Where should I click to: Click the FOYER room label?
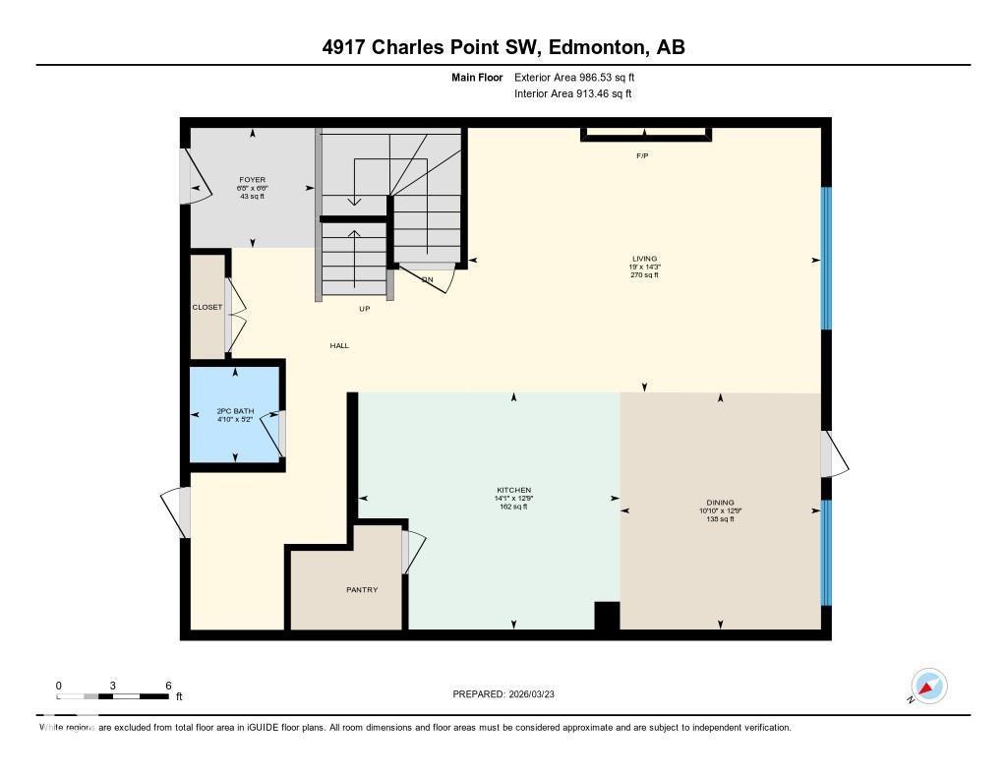[x=253, y=180]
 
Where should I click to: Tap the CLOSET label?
[x=207, y=307]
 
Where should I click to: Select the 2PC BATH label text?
[x=235, y=411]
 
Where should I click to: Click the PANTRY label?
[x=362, y=589]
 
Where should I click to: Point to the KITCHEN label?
[x=513, y=490]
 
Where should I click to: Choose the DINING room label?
[x=720, y=503]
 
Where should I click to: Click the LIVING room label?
[x=644, y=259]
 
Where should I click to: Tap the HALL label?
[x=339, y=345]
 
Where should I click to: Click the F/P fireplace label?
[x=643, y=155]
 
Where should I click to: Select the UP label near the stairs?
[x=364, y=309]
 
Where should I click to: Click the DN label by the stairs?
[x=427, y=279]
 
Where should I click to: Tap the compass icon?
[x=928, y=686]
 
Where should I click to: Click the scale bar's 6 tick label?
[x=168, y=686]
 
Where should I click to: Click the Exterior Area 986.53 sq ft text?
[x=581, y=77]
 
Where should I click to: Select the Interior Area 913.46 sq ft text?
[x=572, y=93]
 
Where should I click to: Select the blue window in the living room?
[x=827, y=258]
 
